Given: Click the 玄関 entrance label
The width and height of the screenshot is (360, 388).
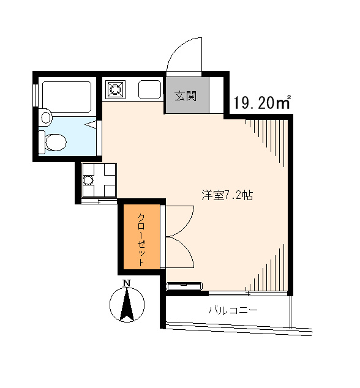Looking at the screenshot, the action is (186, 96).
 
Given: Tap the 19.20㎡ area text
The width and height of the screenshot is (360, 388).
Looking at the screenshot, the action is (262, 102).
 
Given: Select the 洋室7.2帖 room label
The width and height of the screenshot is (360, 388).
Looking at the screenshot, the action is (227, 195).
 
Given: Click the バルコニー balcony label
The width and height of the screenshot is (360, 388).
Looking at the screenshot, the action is (233, 310).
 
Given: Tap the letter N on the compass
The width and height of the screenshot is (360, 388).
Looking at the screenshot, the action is (127, 283).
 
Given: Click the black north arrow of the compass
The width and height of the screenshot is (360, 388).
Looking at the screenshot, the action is (127, 304).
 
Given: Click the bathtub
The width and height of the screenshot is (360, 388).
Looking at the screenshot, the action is (67, 97).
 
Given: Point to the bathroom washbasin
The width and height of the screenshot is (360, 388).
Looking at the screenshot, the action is (45, 117).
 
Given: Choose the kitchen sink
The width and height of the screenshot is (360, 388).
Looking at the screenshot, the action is (149, 89).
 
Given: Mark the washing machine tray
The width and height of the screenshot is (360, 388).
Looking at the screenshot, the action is (99, 180).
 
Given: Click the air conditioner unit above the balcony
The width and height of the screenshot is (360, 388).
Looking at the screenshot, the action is (185, 286).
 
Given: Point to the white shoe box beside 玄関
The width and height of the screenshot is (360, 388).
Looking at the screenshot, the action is (216, 95).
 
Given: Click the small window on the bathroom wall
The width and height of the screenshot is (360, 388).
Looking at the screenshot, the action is (36, 95).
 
